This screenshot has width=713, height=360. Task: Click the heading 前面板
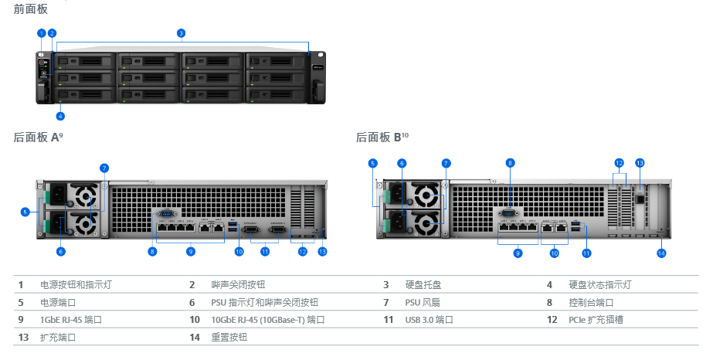coord(30,8)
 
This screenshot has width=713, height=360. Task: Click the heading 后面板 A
coord(36,138)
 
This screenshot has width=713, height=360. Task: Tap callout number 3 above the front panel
coord(181,33)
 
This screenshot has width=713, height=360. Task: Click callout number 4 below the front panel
coord(60,117)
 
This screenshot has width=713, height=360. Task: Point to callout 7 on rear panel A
coord(104,168)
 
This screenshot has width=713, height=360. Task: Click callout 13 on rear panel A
coord(323,251)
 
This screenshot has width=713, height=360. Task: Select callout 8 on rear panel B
coord(510,163)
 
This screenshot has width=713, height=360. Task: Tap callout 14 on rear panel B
coord(661,253)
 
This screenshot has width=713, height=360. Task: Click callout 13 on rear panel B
coord(640,163)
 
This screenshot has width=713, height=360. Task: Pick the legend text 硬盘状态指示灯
coord(600,285)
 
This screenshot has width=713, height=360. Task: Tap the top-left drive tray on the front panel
coord(85,60)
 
